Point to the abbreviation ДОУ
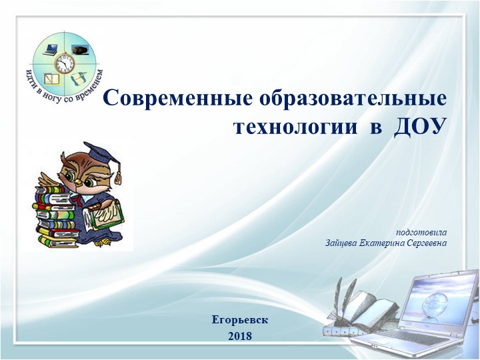pyautogui.click(x=419, y=127)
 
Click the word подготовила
pyautogui.click(x=421, y=232)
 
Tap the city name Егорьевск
pyautogui.click(x=240, y=319)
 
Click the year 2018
pyautogui.click(x=240, y=336)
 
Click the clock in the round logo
pyautogui.click(x=65, y=65)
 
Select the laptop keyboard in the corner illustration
pyautogui.click(x=400, y=343)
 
